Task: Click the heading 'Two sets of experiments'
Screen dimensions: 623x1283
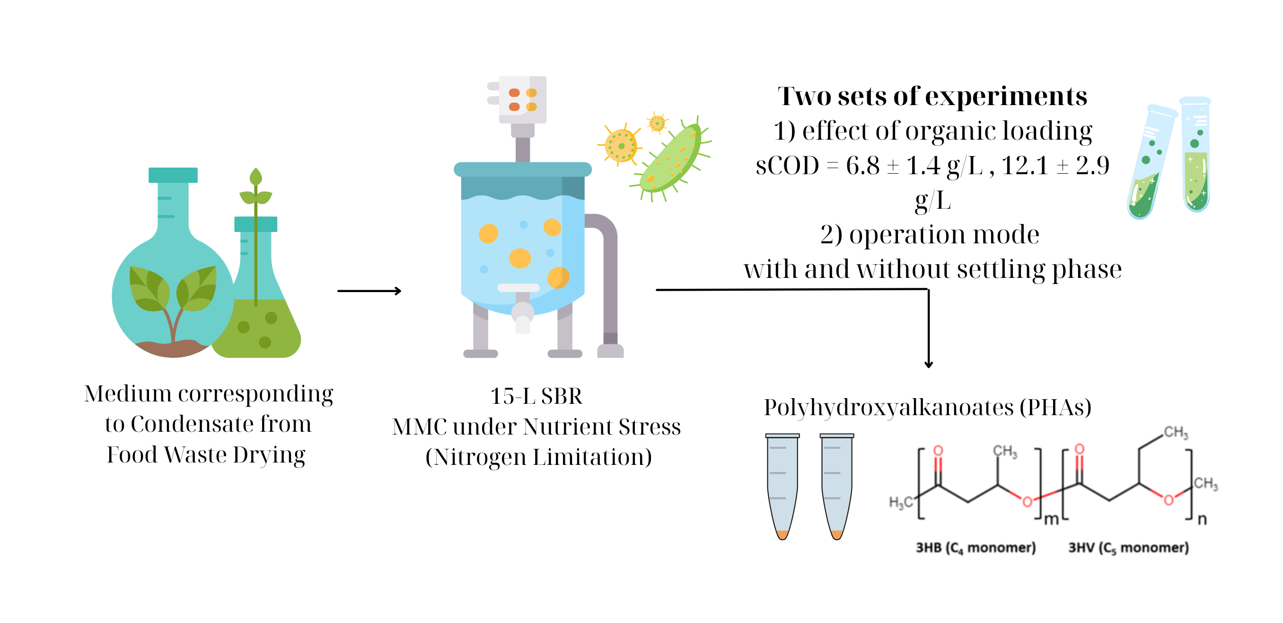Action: (x=932, y=96)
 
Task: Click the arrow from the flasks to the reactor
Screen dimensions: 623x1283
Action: (x=369, y=291)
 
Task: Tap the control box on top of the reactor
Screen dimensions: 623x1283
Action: (x=522, y=99)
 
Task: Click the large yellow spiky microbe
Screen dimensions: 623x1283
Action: (x=620, y=145)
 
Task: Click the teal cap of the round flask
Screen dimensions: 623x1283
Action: (x=173, y=175)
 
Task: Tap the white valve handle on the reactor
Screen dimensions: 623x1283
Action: (x=518, y=287)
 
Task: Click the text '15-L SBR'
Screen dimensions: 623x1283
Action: (x=536, y=396)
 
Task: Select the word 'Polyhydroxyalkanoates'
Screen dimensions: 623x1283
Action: (x=888, y=407)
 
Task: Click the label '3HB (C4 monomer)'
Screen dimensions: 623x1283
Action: (x=975, y=547)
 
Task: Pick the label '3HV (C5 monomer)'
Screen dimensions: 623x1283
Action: (x=1128, y=547)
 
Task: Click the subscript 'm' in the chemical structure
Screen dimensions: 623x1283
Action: (x=1051, y=519)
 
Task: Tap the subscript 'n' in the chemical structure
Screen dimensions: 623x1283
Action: (x=1202, y=519)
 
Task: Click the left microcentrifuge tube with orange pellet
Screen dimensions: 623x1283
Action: (x=782, y=486)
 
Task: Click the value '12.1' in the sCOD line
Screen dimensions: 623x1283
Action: (x=1025, y=166)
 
